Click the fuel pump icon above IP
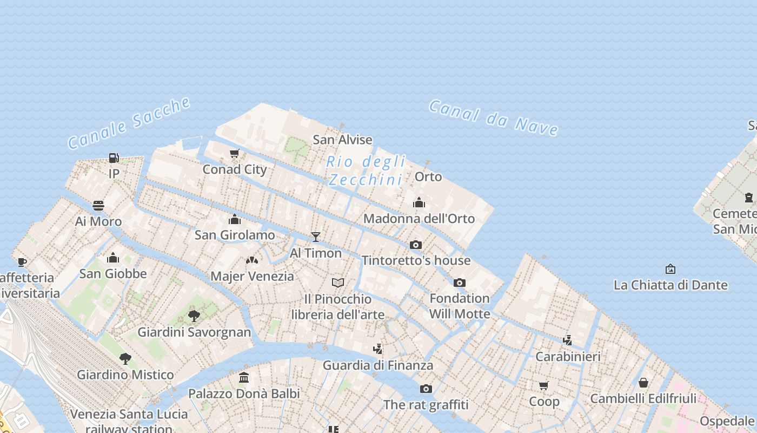coord(114,158)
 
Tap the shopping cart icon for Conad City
coord(234,154)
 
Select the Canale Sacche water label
coord(129,123)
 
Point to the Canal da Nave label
coord(493,117)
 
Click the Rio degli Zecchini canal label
coord(366,170)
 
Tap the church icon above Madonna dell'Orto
coord(419,203)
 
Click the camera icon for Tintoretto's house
coord(416,245)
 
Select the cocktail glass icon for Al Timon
coord(316,237)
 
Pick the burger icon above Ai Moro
coord(98,206)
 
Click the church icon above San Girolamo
coord(235,219)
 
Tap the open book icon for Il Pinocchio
coord(338,283)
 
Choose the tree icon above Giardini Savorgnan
coord(194,316)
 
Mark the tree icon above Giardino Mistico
coord(125,358)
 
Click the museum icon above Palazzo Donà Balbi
coord(244,377)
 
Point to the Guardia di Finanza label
coord(378,365)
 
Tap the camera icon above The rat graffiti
coord(426,389)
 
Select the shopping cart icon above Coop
coord(544,385)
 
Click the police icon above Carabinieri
coord(568,340)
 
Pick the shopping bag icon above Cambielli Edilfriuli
coord(643,383)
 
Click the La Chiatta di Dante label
coord(670,285)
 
